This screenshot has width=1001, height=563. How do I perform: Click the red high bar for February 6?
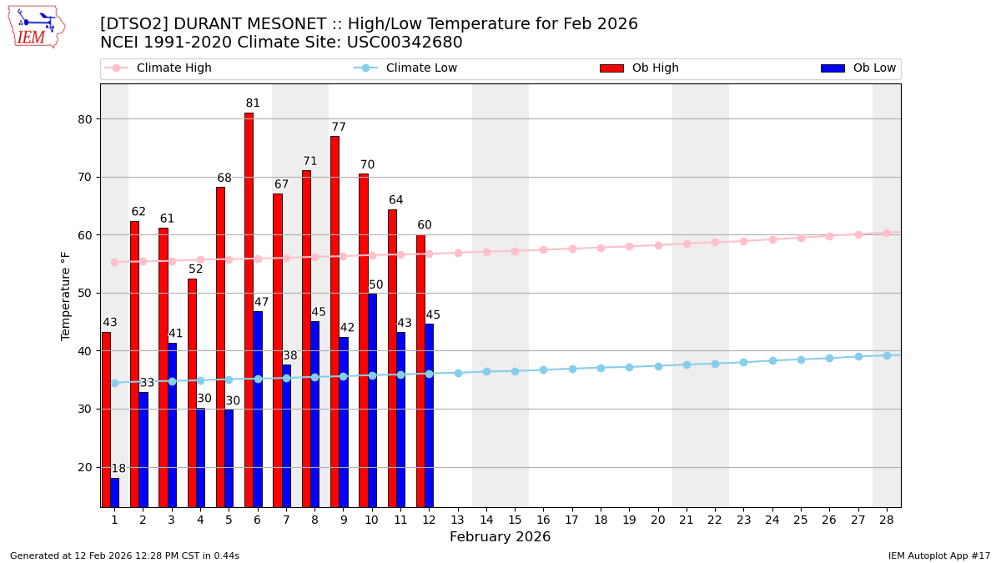tap(249, 309)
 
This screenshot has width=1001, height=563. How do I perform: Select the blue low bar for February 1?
tap(114, 492)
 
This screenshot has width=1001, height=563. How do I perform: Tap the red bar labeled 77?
tap(335, 321)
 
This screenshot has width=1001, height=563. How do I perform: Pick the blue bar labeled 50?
tap(372, 400)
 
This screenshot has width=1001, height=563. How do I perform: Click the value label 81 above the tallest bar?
tap(253, 103)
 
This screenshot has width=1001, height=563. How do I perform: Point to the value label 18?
tap(118, 469)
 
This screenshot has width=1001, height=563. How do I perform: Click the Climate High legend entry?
tap(158, 68)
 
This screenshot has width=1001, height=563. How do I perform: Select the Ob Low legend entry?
tap(858, 68)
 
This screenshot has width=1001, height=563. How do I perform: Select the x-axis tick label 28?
tap(886, 520)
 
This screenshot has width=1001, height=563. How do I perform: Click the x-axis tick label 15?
tap(515, 520)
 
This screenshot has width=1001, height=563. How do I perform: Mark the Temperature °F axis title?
tap(66, 295)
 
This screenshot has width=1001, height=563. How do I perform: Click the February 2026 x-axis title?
tap(500, 537)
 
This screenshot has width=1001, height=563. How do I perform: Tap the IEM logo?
tap(36, 27)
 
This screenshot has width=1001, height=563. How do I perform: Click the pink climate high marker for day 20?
tap(658, 245)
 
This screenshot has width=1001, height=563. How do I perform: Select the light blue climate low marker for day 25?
tap(801, 359)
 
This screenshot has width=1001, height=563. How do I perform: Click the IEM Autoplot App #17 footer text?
tap(938, 555)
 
